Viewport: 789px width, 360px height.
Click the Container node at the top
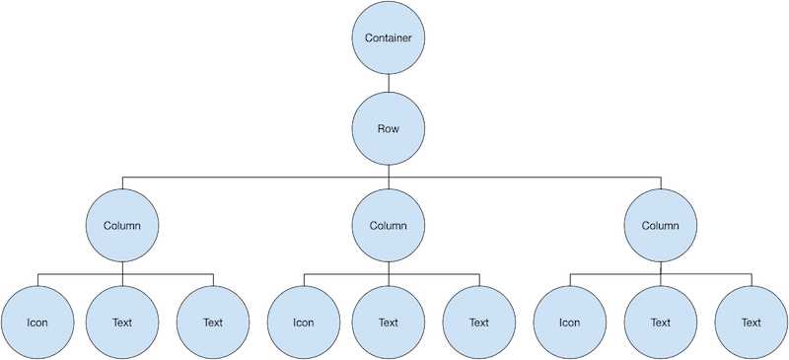[389, 38]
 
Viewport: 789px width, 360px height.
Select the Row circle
[389, 129]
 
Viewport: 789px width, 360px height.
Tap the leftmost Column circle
[122, 225]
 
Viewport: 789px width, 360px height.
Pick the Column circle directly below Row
[389, 225]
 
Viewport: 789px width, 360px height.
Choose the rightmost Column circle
[661, 225]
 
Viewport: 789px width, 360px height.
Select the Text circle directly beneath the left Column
[122, 322]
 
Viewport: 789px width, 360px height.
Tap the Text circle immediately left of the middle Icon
[212, 322]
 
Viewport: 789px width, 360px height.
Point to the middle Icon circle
[303, 322]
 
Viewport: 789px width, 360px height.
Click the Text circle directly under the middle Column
[389, 322]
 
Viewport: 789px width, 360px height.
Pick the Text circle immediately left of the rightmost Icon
[479, 322]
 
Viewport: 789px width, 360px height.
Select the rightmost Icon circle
[569, 322]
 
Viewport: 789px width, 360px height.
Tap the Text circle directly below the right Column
[661, 322]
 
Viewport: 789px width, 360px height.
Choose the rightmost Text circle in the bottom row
[752, 322]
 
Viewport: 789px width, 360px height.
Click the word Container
[389, 38]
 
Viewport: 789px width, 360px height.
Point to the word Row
[389, 129]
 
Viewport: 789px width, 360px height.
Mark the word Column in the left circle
[122, 225]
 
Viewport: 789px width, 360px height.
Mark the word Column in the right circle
[661, 225]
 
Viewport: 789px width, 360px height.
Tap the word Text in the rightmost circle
[752, 322]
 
